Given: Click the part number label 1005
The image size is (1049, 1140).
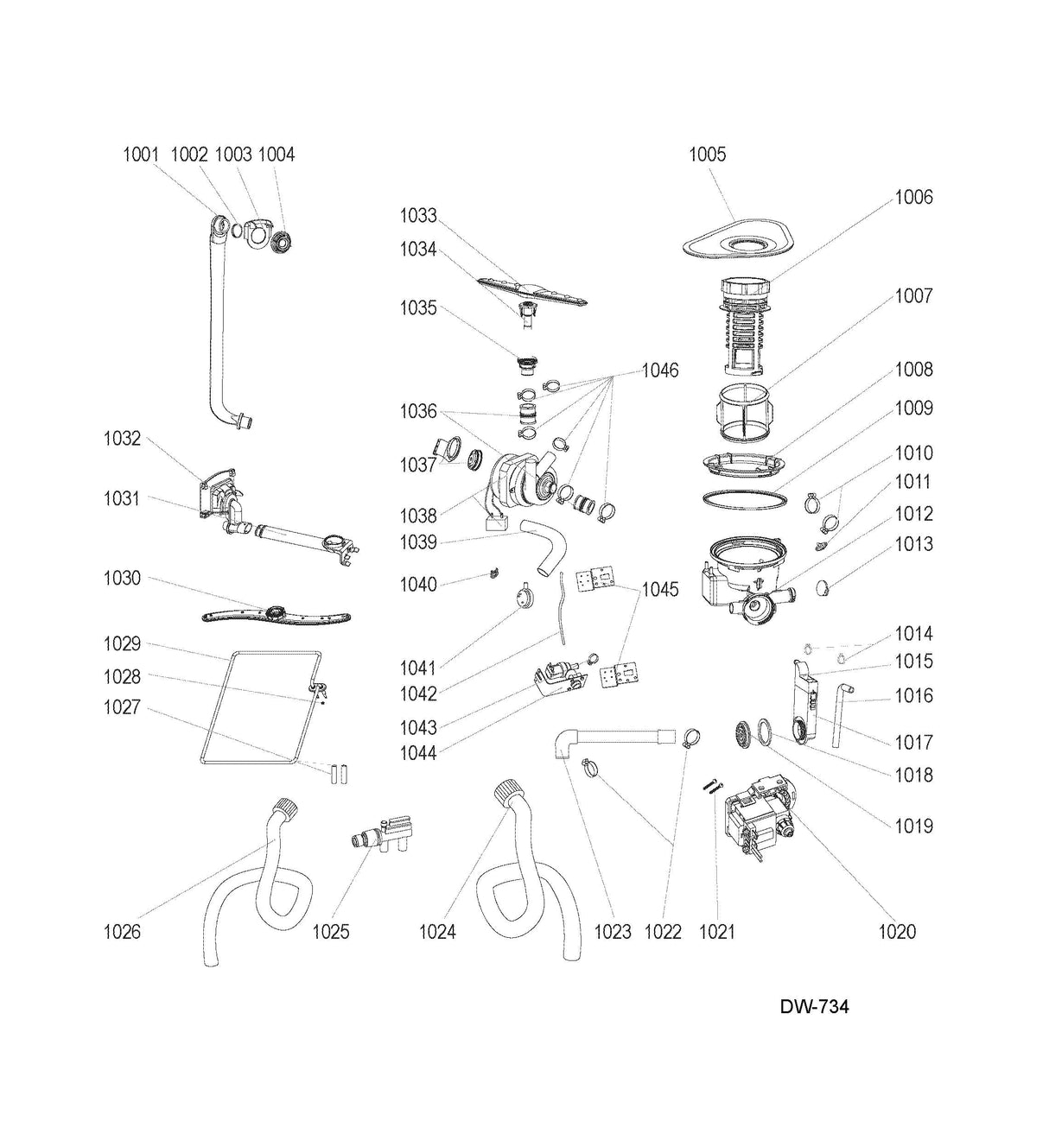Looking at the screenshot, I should (707, 155).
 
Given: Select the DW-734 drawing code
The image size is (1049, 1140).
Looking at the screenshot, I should (814, 1007).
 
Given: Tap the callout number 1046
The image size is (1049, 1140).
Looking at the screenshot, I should (659, 370).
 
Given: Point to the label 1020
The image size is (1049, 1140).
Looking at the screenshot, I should (897, 932).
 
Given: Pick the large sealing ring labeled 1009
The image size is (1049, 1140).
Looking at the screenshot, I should (744, 500).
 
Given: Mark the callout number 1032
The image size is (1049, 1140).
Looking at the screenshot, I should (122, 439).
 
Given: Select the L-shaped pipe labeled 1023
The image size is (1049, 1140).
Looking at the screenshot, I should (605, 738).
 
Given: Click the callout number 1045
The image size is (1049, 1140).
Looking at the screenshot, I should (659, 590).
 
